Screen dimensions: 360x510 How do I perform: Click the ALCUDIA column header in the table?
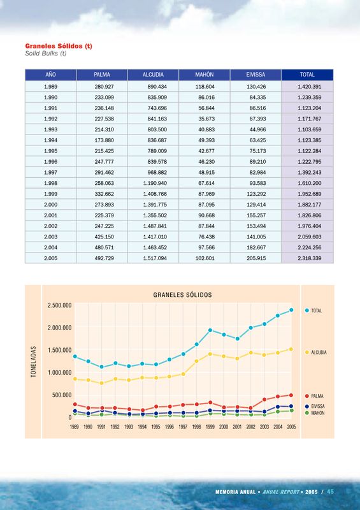[x=153, y=75]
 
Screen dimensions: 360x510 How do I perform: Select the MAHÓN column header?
[x=205, y=75]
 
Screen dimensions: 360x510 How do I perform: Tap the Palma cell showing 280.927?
[x=104, y=87]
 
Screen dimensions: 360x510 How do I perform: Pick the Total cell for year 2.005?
[x=310, y=258]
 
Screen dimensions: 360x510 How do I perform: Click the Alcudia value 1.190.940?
[x=155, y=183]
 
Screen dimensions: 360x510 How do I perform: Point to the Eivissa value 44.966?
[x=257, y=129]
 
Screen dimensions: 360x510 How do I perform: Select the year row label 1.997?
[x=51, y=172]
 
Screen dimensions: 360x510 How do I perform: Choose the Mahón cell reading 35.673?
[x=206, y=119]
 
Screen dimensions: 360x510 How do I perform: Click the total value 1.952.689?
[x=310, y=194]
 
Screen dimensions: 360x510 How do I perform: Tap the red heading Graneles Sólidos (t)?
[x=59, y=46]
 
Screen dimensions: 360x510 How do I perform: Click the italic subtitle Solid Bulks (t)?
[x=46, y=54]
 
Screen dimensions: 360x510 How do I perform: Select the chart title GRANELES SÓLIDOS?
[x=182, y=295]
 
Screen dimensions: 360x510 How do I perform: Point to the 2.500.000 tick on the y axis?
[x=59, y=305]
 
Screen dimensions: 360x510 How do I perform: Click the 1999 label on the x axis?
[x=210, y=426]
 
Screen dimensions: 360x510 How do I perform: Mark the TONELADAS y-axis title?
[x=34, y=361]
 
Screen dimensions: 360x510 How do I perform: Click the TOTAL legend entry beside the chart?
[x=313, y=310]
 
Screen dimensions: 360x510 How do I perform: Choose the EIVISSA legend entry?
[x=315, y=406]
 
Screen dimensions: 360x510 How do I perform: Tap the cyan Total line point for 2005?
[x=291, y=310]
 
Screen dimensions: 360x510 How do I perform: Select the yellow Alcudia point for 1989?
[x=75, y=379]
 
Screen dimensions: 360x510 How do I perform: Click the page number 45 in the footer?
[x=331, y=492]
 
